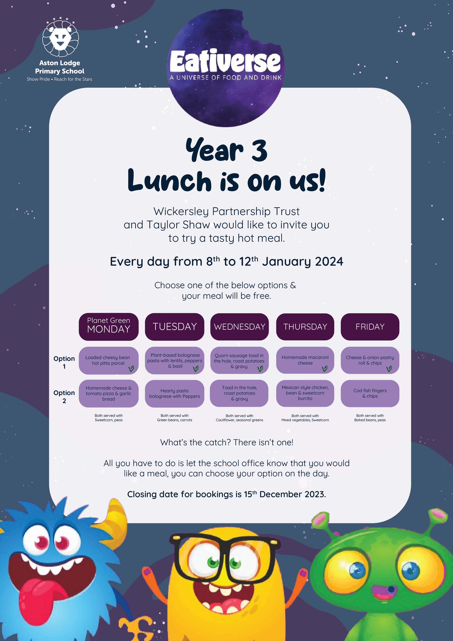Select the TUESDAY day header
point(175,327)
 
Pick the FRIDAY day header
point(370,327)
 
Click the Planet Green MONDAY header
point(108,327)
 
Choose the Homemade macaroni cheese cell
point(305,360)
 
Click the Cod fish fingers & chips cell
point(370,393)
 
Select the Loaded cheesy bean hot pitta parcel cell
point(108,360)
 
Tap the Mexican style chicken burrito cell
point(305,393)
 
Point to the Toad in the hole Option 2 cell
point(239,393)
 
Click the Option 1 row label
point(64,362)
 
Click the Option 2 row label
point(64,397)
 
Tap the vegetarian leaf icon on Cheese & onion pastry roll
point(389,369)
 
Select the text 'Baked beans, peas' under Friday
point(370,420)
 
